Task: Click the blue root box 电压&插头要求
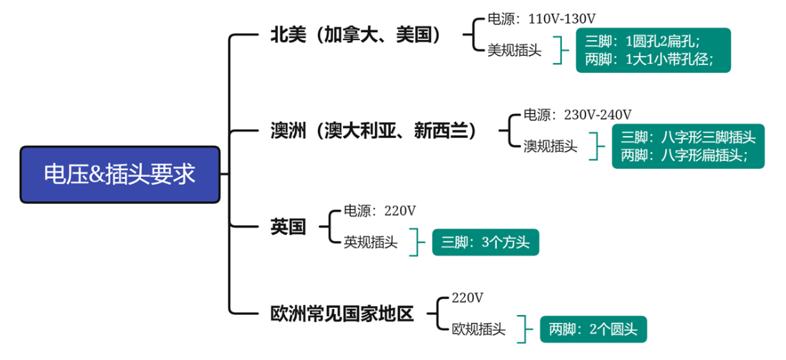pos(120,175)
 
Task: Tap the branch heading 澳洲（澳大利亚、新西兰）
pos(374,131)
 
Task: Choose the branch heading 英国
pos(288,227)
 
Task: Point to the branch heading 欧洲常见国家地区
pos(342,313)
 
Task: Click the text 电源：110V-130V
pos(542,19)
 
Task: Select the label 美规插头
pos(515,50)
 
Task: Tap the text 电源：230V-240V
pos(577,115)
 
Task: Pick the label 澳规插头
pos(550,147)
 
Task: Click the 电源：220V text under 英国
pos(379,211)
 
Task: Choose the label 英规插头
pos(371,243)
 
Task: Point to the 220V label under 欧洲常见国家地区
pos(468,297)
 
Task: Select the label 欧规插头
pos(478,329)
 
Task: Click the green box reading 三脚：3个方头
pos(485,243)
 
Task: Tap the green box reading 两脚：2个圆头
pos(593,329)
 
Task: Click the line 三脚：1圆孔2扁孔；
pos(642,41)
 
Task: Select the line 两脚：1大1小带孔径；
pos(649,59)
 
